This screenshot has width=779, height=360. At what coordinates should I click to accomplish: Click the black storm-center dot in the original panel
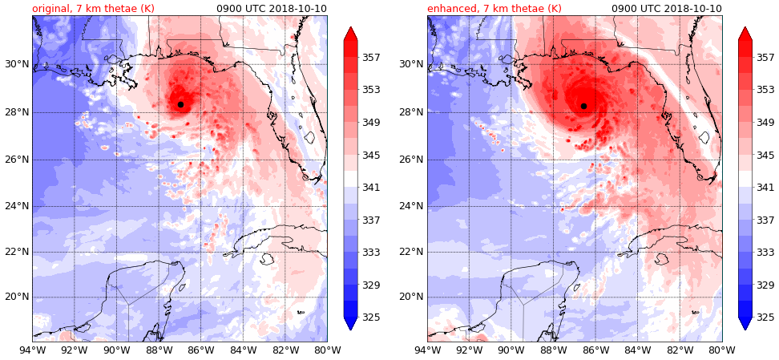click(x=180, y=104)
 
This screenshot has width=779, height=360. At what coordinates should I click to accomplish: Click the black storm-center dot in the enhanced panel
click(x=583, y=106)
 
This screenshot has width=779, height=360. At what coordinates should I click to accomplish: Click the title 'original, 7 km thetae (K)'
click(x=93, y=9)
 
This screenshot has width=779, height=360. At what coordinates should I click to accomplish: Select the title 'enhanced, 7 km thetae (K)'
click(x=494, y=9)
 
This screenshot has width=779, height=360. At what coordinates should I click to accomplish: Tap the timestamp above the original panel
click(x=272, y=9)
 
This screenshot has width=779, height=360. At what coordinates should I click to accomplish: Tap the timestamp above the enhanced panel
click(x=667, y=9)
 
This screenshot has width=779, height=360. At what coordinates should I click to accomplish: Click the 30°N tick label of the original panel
click(x=16, y=64)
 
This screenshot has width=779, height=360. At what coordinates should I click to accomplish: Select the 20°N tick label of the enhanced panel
click(x=411, y=297)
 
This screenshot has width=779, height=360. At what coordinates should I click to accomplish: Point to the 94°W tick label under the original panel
click(x=32, y=350)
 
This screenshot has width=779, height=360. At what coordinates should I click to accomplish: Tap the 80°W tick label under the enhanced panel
click(x=722, y=350)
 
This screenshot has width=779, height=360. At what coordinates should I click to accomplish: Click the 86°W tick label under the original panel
click(x=200, y=350)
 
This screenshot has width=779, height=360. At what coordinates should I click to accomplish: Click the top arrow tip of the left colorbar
click(x=350, y=27)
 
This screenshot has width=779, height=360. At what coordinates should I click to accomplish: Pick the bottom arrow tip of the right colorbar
click(x=745, y=329)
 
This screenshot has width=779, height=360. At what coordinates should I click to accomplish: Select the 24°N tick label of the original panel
click(x=16, y=206)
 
